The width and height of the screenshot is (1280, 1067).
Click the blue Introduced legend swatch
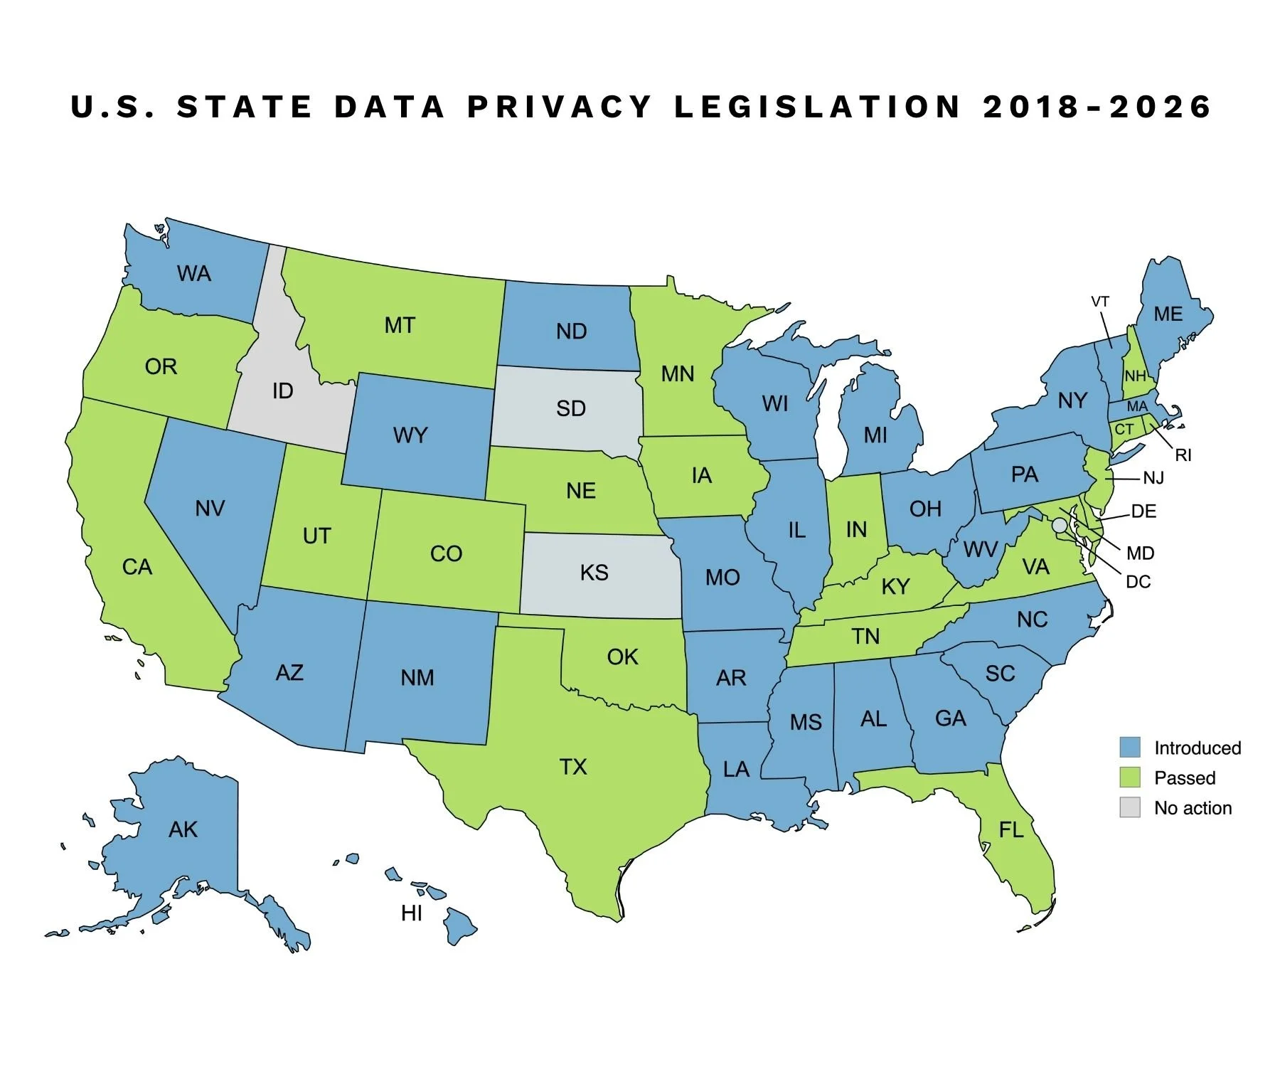click(1129, 747)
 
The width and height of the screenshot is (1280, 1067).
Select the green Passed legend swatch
click(1129, 777)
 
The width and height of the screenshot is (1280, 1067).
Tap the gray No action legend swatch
click(1129, 807)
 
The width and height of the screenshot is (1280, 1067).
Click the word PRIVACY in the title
click(559, 107)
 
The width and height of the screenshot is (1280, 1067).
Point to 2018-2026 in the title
click(1097, 107)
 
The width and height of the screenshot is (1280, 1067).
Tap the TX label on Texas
click(572, 767)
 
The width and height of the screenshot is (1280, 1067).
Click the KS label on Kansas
click(594, 573)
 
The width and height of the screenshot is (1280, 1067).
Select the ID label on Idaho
click(282, 391)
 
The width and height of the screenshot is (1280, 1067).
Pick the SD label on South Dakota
click(570, 408)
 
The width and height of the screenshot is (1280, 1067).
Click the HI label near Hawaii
click(411, 913)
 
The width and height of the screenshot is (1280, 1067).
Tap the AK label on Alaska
click(183, 829)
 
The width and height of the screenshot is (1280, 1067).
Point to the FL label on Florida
click(1010, 829)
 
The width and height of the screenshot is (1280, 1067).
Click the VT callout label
click(1099, 302)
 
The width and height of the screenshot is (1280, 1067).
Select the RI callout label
click(1183, 455)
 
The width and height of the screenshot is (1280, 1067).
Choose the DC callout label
click(1138, 582)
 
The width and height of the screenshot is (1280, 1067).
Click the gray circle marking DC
click(1060, 525)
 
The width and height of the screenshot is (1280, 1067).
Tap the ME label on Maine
click(1168, 314)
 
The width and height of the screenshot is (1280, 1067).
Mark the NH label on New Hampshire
click(1135, 376)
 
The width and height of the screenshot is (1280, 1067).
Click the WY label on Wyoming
click(410, 435)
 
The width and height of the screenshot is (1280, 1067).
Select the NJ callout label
click(1153, 478)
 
